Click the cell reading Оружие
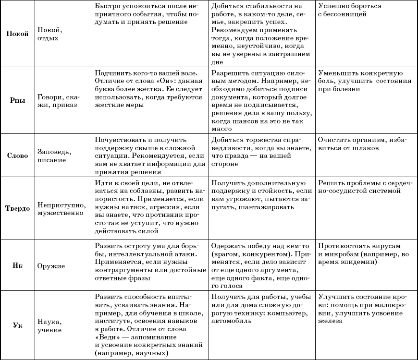50,265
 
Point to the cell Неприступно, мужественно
61,208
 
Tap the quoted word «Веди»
107,337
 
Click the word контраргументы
126,270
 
